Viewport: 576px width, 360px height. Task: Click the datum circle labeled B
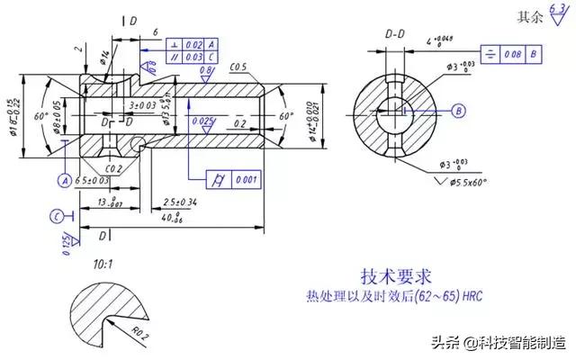click(x=458, y=111)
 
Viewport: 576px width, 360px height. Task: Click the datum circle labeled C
click(x=57, y=216)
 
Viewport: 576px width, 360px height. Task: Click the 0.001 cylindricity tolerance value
click(x=244, y=179)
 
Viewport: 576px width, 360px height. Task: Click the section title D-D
click(x=395, y=33)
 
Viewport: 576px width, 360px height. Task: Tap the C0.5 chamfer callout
click(x=238, y=67)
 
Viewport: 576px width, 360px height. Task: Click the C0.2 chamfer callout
click(x=112, y=168)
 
